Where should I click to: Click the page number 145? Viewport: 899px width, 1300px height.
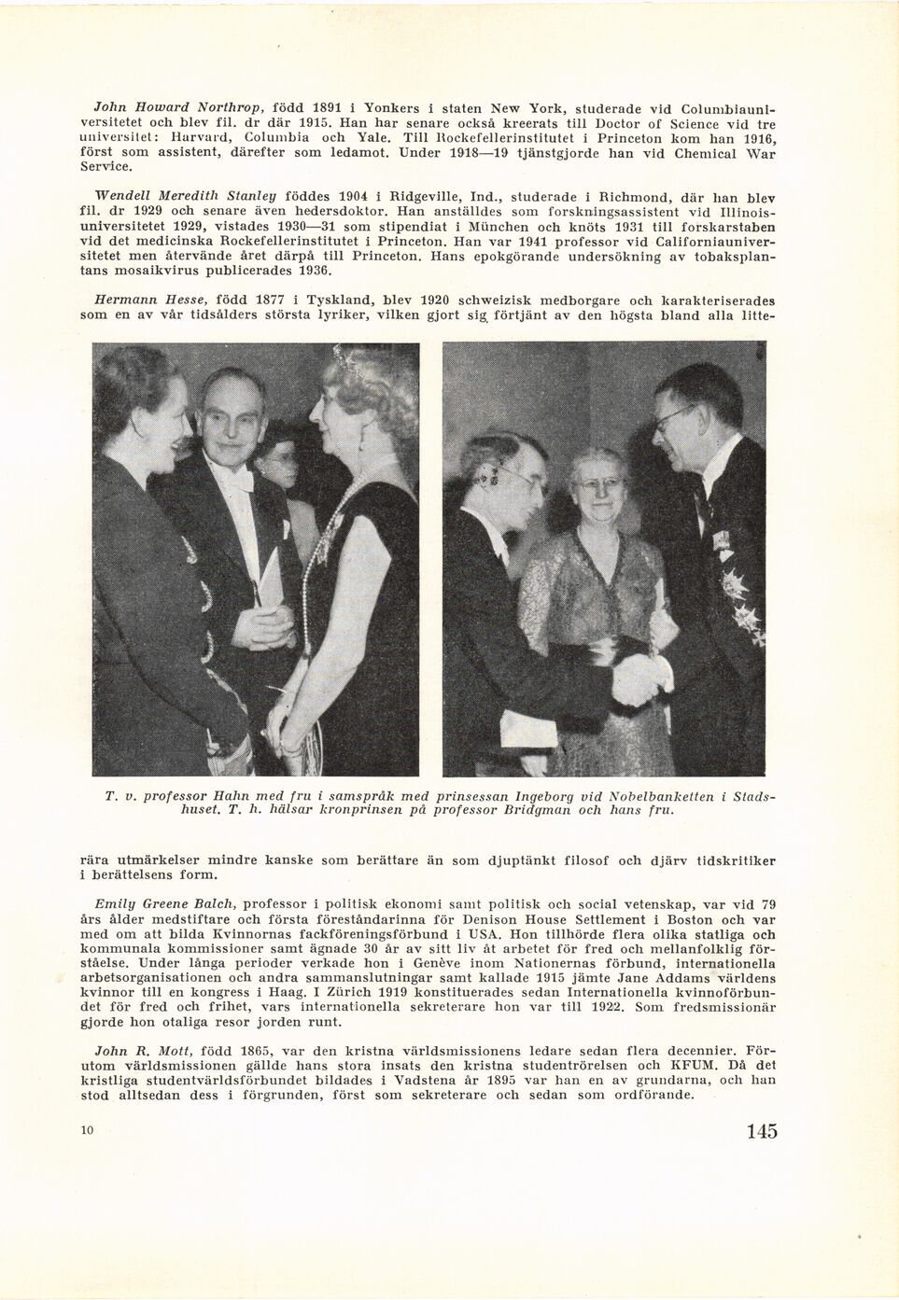(762, 1132)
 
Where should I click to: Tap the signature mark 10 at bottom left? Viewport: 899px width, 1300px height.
(89, 1131)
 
